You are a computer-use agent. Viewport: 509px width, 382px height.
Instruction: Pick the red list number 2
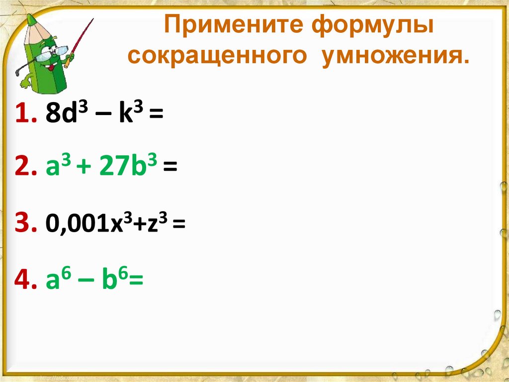coord(24,168)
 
